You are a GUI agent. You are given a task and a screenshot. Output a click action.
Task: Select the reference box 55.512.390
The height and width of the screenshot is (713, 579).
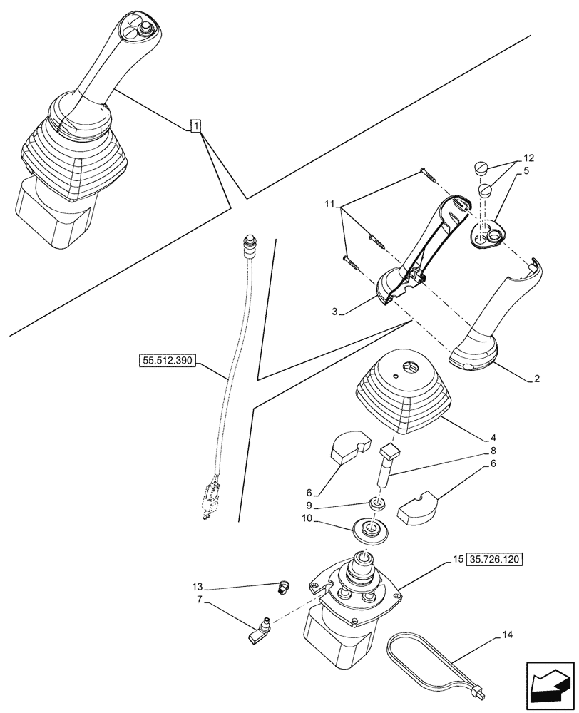tap(167, 361)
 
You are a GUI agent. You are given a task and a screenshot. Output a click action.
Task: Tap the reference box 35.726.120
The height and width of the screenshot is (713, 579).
tap(496, 560)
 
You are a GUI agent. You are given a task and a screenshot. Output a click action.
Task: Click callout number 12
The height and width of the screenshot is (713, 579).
tap(528, 158)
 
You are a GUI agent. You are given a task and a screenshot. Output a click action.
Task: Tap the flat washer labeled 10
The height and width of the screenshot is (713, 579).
tap(371, 531)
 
